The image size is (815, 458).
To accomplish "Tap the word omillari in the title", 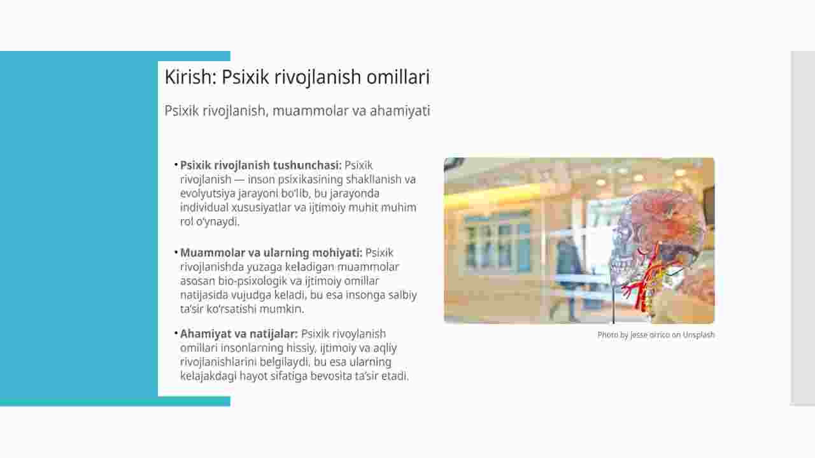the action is (398, 77).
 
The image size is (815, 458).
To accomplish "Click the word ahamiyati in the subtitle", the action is (400, 111).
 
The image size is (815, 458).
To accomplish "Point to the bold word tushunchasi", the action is (308, 165).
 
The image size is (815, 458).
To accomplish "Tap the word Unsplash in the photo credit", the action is (698, 334).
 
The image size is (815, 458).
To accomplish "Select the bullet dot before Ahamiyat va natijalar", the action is (176, 333).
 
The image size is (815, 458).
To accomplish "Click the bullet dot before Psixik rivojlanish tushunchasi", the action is (176, 164).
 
